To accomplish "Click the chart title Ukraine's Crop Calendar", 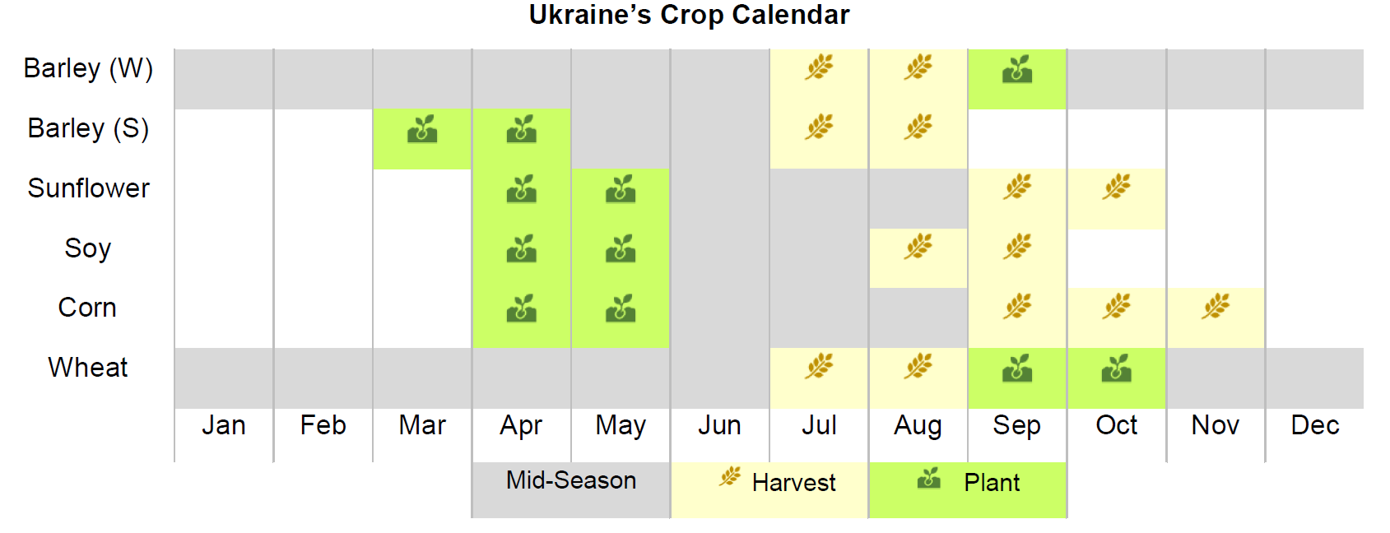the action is (x=689, y=15).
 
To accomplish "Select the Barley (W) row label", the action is (x=88, y=68).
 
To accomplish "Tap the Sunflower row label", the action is (x=88, y=188).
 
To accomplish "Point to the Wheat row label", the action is (x=87, y=368).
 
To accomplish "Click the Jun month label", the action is (x=719, y=425).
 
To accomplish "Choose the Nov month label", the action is (x=1215, y=425).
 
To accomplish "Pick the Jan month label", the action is (x=223, y=425).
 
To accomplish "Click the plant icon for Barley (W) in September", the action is (x=1017, y=69).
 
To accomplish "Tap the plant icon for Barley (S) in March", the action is (x=422, y=128).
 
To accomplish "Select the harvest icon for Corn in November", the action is (x=1215, y=306).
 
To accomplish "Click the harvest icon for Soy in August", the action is (x=918, y=246).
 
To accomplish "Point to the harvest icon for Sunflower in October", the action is (x=1116, y=186).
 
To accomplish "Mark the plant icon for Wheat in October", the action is (x=1116, y=368).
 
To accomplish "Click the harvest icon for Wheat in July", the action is (x=819, y=365).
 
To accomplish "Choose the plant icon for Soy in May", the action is (x=621, y=248).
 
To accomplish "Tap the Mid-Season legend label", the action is (x=571, y=480).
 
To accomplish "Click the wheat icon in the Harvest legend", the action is (x=730, y=477).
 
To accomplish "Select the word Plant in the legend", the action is (x=992, y=483).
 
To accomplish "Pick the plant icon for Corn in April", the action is (x=521, y=308).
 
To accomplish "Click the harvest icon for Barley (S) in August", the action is (x=918, y=127).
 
